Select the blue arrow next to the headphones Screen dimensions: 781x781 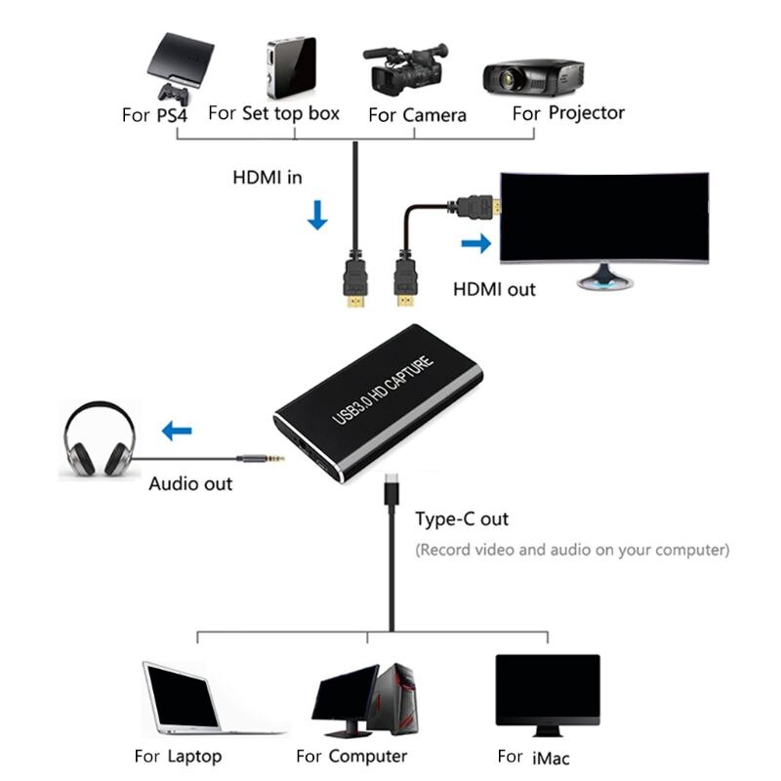pyautogui.click(x=177, y=428)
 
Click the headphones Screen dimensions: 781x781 pyautogui.click(x=97, y=441)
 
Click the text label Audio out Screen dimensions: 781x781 pyautogui.click(x=190, y=483)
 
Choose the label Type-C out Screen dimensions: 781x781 pyautogui.click(x=462, y=519)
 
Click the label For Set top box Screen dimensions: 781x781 pyautogui.click(x=274, y=113)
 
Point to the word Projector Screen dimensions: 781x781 pyautogui.click(x=586, y=112)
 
